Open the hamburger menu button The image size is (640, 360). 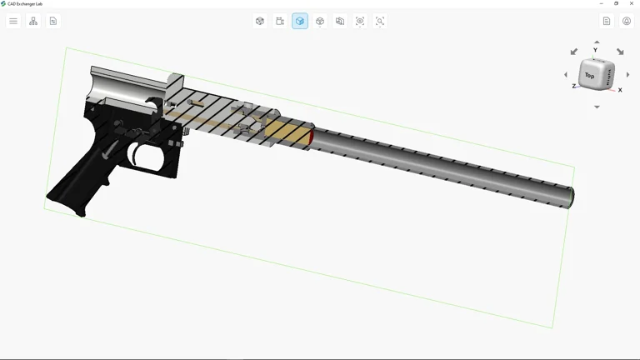13,21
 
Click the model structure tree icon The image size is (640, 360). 33,21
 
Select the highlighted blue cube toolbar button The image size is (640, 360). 300,21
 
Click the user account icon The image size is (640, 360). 627,21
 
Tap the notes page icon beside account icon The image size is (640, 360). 607,21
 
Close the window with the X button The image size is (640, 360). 632,3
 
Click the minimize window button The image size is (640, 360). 602,3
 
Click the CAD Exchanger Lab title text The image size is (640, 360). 25,3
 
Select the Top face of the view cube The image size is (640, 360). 590,75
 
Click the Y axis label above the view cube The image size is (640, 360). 595,51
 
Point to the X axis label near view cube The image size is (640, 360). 620,90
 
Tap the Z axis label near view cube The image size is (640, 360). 573,87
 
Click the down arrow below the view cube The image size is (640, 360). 597,107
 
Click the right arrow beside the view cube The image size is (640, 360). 627,75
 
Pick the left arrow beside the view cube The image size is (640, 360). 566,75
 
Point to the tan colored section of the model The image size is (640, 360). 287,132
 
